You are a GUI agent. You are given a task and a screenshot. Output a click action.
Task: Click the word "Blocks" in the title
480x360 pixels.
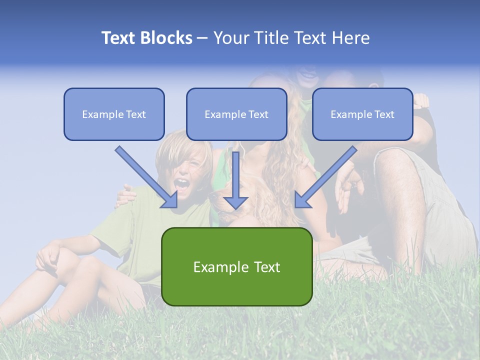(x=166, y=38)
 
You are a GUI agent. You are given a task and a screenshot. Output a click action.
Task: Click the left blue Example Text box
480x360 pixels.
(x=114, y=114)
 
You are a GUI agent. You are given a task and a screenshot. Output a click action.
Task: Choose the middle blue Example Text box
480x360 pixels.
(x=236, y=114)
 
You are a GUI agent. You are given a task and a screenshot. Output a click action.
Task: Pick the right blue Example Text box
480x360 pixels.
(x=362, y=114)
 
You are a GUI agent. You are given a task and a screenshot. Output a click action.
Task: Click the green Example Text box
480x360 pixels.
(x=236, y=266)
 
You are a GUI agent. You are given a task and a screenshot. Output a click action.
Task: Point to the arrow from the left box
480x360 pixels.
(x=147, y=177)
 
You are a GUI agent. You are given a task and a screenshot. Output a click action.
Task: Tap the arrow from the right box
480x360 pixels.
(x=325, y=177)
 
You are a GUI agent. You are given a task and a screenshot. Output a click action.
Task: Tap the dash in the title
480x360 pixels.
(x=202, y=38)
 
